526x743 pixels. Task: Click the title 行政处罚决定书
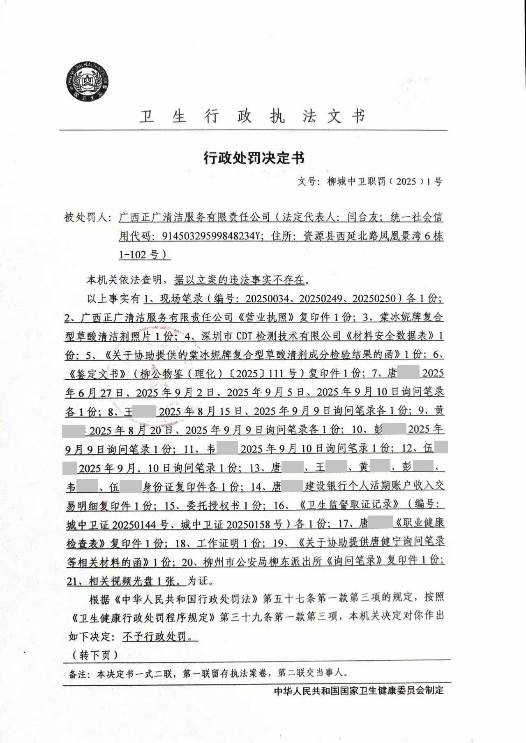click(254, 157)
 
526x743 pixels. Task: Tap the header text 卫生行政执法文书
click(252, 116)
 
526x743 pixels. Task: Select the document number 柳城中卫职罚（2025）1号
click(384, 181)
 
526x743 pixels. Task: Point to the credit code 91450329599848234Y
click(212, 236)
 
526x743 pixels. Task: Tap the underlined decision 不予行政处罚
click(159, 636)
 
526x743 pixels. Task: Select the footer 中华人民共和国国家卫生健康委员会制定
click(359, 690)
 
